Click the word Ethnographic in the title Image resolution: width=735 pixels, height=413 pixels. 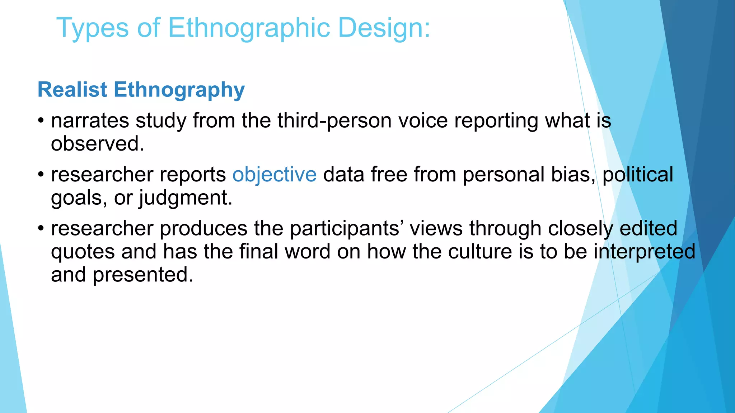[249, 28]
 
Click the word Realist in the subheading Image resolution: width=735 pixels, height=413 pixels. [72, 89]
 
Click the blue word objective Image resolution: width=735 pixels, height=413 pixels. [275, 175]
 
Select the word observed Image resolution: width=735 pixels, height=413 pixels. [97, 144]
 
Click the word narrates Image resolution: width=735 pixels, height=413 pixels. [90, 121]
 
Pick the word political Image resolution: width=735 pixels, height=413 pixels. [638, 175]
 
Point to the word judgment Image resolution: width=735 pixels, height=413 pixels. [186, 198]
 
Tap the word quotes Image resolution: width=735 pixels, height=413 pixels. [83, 252]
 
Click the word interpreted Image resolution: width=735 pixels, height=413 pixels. [644, 252]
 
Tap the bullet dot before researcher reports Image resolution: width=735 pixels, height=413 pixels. [41, 175]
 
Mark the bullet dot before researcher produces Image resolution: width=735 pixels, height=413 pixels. [41, 228]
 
